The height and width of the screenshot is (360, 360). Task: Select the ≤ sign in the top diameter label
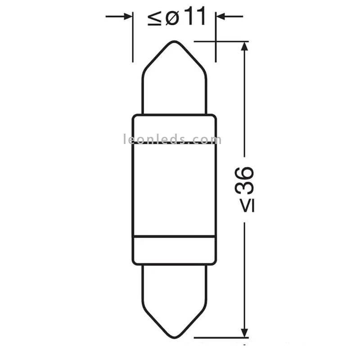[154, 18]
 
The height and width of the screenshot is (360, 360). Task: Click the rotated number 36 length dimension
[244, 180]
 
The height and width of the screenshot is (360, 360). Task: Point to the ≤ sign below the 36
[247, 205]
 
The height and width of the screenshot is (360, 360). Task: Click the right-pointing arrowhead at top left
[128, 17]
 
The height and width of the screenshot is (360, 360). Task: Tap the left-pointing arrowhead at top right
[220, 17]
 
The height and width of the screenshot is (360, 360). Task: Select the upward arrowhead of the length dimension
[244, 46]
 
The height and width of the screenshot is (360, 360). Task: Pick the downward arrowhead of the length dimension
[244, 333]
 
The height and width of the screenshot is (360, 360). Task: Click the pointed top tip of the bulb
[175, 41]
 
